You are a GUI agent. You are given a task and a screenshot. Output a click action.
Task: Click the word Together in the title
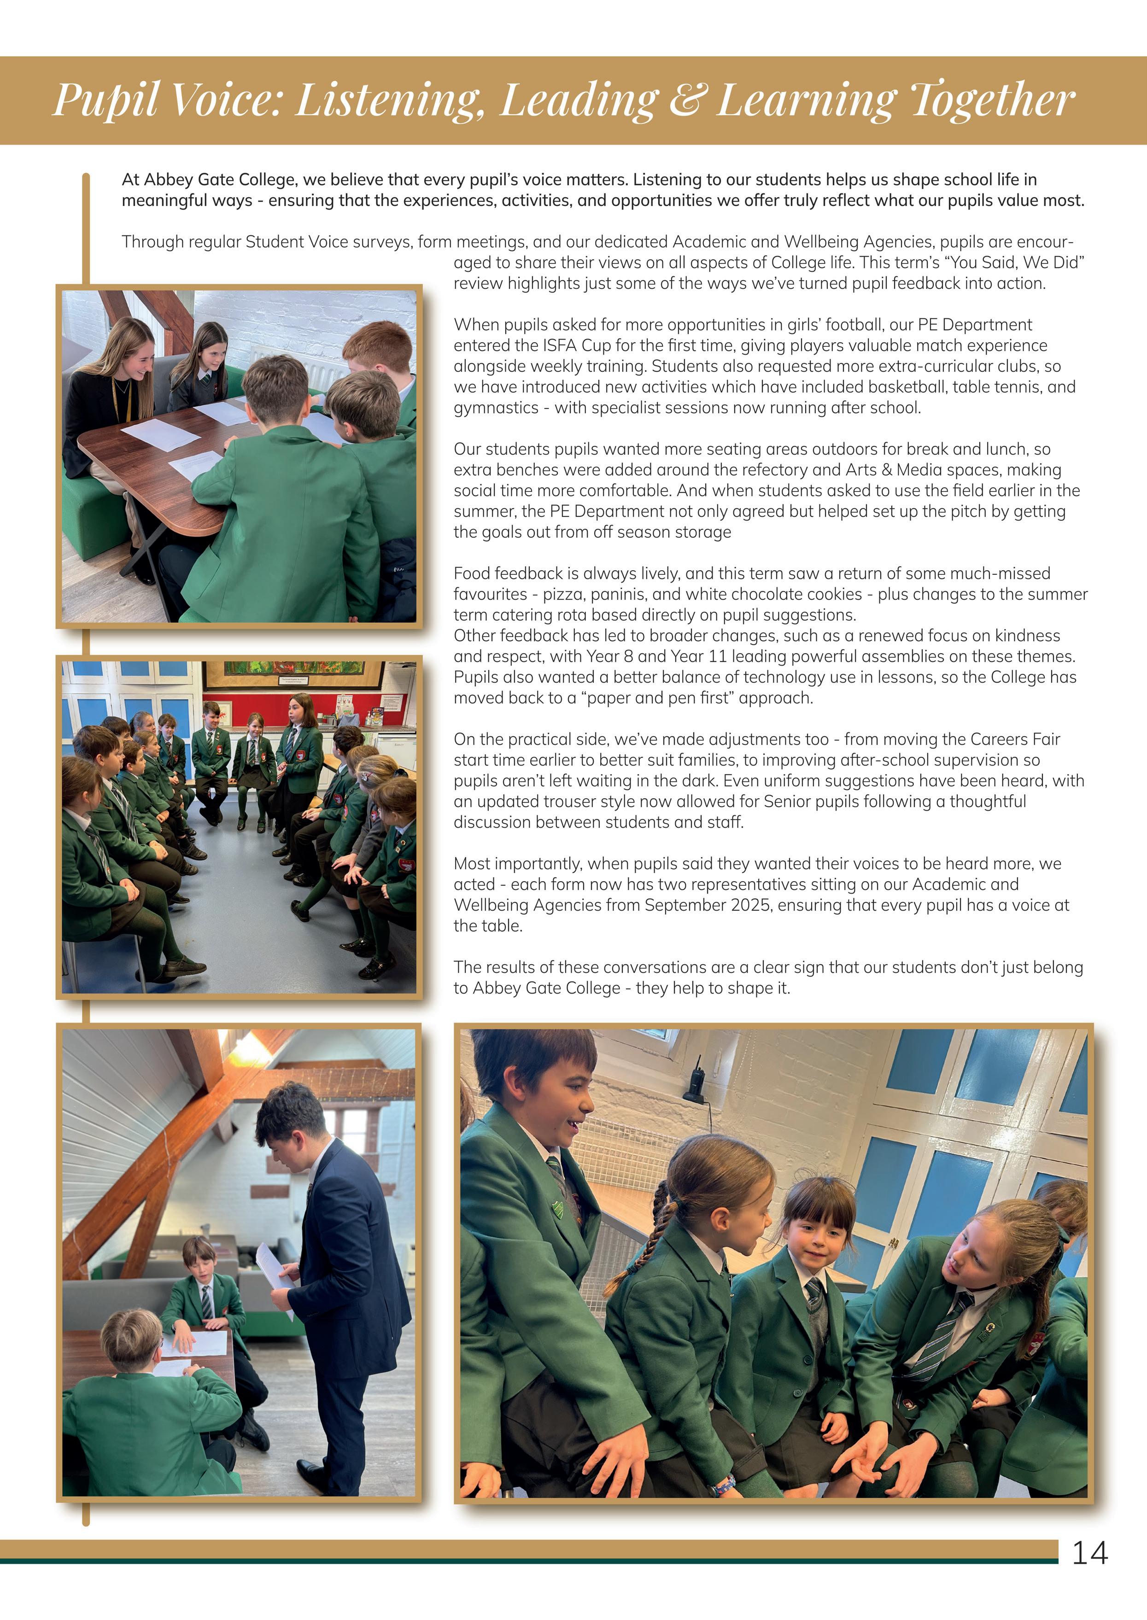pyautogui.click(x=992, y=100)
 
